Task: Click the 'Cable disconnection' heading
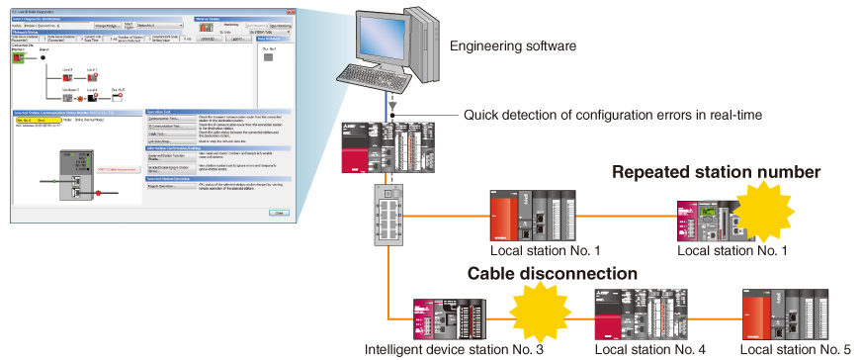tap(552, 273)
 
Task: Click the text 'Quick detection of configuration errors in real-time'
tap(613, 116)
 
